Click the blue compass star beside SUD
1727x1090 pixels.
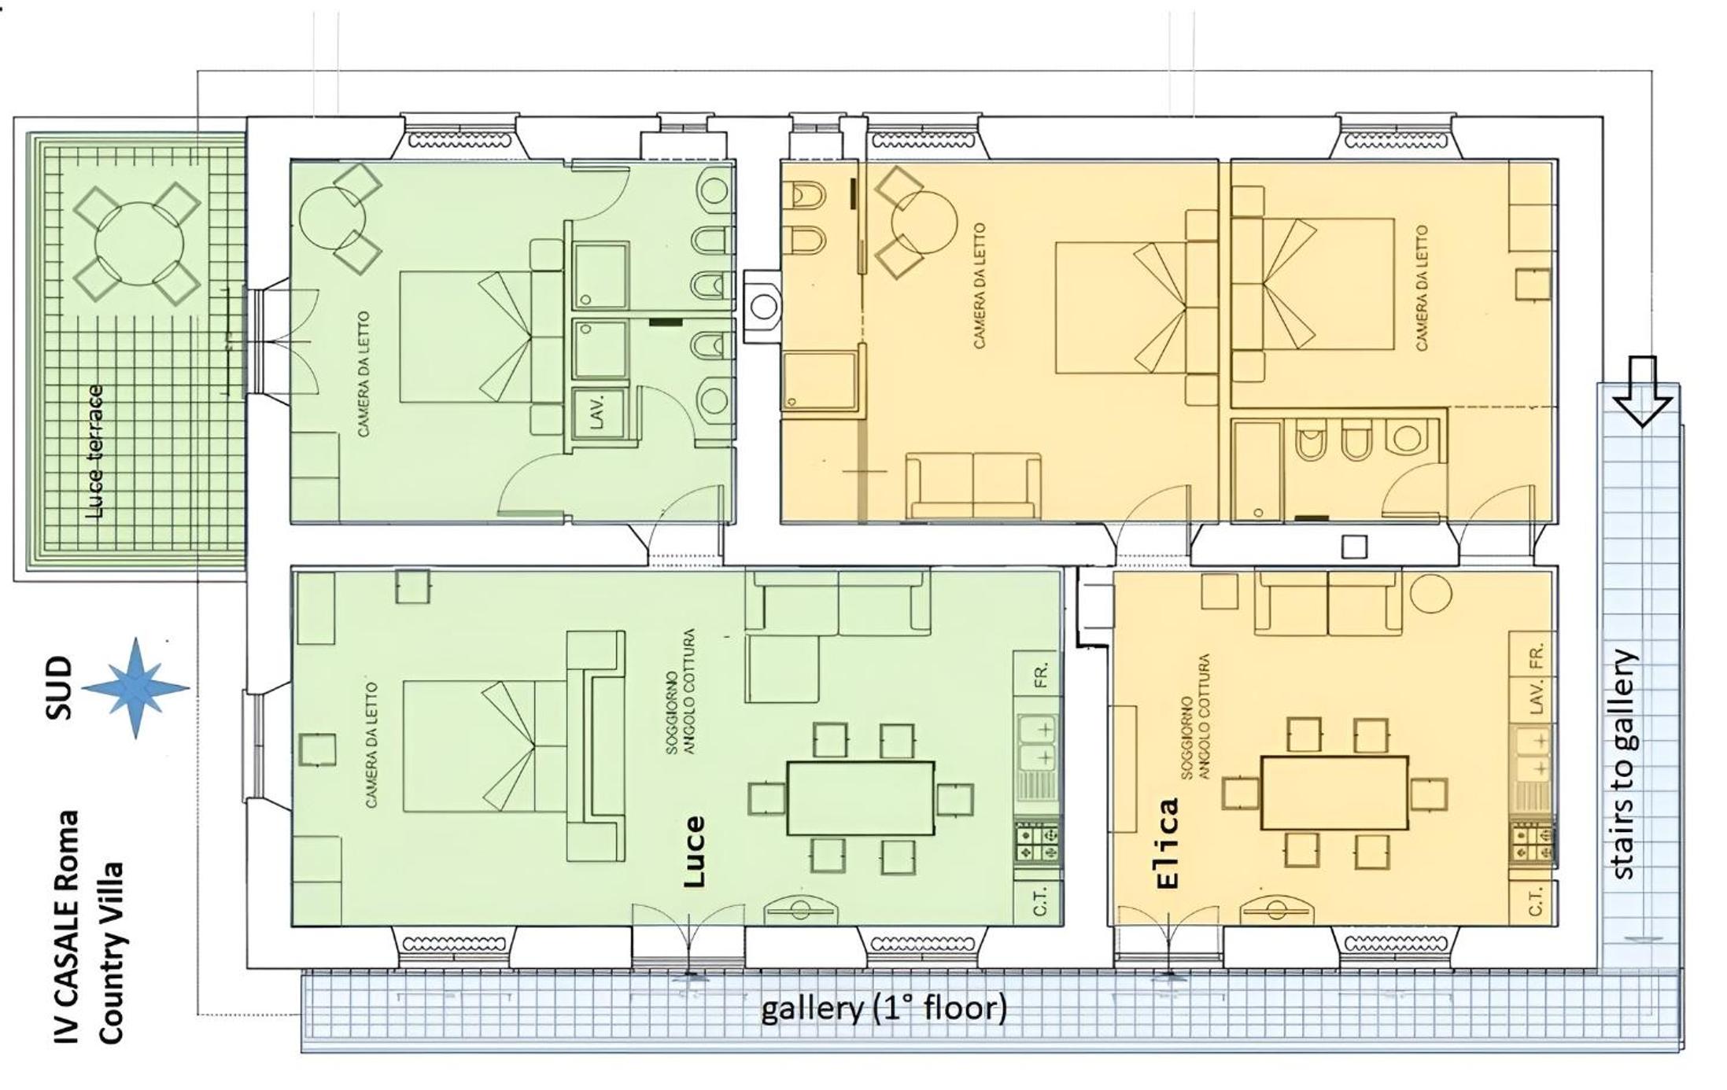pos(136,687)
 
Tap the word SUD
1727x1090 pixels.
pos(59,688)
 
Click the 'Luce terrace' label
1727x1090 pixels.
pos(94,452)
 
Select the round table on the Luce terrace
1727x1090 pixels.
pos(138,245)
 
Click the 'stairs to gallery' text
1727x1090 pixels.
pos(1624,764)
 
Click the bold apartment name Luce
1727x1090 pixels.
pos(693,852)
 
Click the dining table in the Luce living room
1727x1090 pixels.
pos(861,797)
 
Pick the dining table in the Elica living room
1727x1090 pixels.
pos(1334,792)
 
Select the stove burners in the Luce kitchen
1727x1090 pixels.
pos(1038,843)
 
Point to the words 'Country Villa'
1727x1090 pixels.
pos(111,953)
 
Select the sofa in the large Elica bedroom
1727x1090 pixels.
pos(974,485)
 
